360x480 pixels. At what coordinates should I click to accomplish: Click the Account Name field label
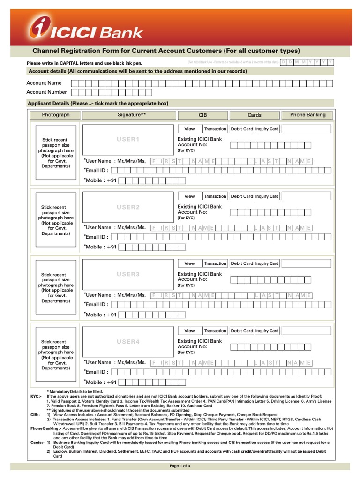point(44,83)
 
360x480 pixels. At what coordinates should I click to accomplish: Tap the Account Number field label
point(46,92)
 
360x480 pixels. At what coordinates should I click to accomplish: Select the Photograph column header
point(55,115)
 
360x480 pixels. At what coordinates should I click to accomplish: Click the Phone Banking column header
point(307,115)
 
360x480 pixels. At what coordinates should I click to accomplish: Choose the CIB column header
point(202,115)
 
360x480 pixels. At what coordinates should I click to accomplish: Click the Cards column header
point(255,115)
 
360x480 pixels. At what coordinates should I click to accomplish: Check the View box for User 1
point(189,129)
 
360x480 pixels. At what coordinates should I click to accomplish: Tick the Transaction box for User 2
point(215,196)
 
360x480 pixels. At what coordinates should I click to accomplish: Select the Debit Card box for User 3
point(242,263)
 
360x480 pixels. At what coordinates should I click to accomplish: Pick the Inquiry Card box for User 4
point(267,331)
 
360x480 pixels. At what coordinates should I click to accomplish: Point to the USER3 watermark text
point(128,274)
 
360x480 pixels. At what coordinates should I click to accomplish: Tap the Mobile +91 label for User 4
point(100,382)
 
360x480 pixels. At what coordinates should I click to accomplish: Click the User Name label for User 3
point(115,295)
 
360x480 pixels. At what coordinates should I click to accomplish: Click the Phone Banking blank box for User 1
point(307,129)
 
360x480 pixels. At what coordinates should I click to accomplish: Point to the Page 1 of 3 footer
point(180,466)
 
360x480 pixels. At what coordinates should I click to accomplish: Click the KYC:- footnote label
point(36,396)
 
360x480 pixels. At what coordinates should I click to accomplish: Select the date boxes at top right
point(307,62)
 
